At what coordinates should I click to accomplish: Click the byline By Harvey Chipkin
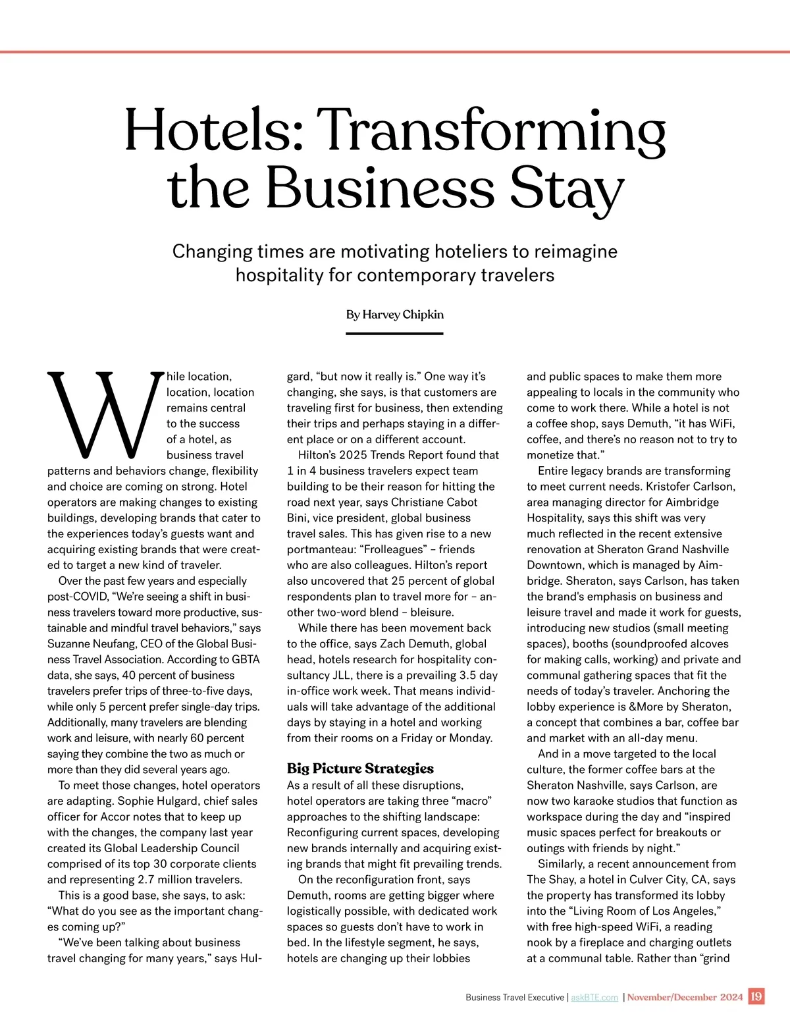point(395,315)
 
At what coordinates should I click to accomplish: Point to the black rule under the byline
point(394,334)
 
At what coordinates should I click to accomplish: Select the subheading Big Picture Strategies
point(360,769)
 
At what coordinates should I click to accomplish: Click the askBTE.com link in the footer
point(594,997)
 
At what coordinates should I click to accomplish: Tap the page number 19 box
point(756,996)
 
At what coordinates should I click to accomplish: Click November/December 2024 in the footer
point(685,997)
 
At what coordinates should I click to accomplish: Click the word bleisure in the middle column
point(432,612)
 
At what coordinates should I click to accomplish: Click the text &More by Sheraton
point(679,707)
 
